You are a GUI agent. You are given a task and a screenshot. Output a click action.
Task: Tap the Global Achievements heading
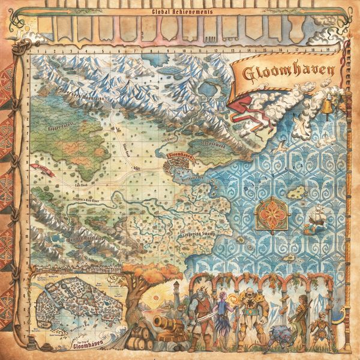179,11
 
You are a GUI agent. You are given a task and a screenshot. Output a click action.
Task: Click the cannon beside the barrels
164,323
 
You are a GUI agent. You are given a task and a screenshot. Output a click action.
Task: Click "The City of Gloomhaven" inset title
82,344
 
